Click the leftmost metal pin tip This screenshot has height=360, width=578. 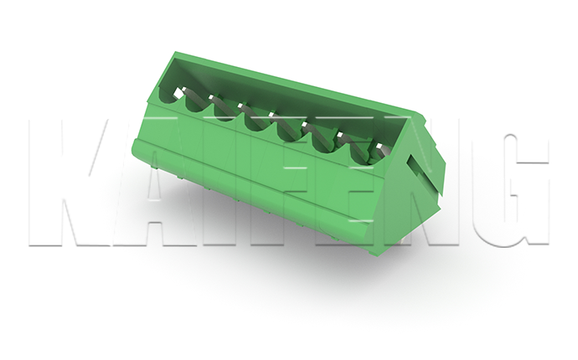tap(180, 91)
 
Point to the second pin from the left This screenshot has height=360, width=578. tap(211, 98)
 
